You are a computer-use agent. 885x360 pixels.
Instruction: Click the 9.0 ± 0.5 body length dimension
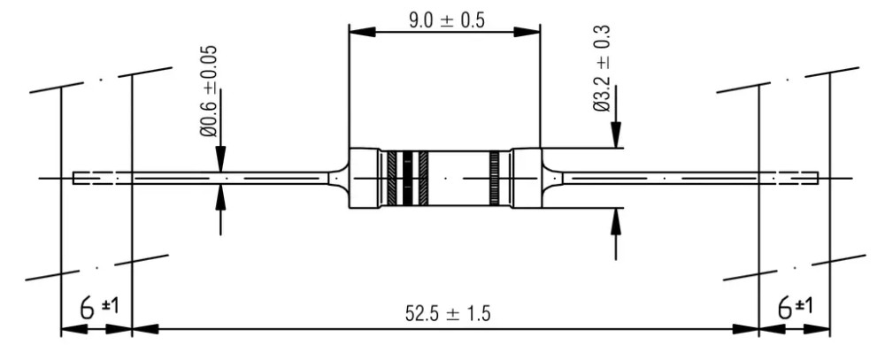point(446,20)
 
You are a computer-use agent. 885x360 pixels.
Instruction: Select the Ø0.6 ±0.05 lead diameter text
point(208,91)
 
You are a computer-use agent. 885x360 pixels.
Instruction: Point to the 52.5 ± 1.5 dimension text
point(448,313)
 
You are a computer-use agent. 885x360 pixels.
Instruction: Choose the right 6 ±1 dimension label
point(796,308)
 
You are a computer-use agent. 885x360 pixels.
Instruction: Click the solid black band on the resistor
point(406,179)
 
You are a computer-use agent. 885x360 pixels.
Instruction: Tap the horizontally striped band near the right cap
point(495,179)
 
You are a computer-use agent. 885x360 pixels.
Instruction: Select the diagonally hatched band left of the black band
point(392,179)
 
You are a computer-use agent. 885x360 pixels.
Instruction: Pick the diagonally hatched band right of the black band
point(423,179)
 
